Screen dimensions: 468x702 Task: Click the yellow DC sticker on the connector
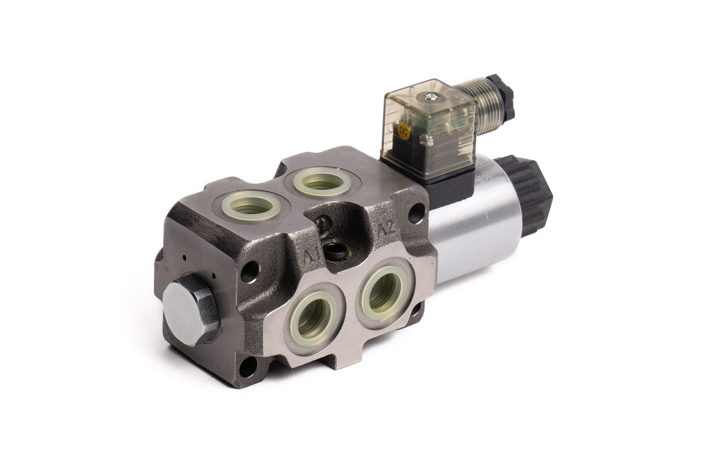403,129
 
